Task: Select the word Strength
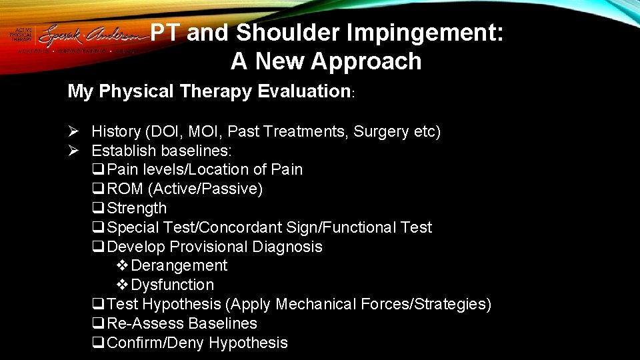tap(137, 209)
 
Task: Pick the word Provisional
tap(209, 247)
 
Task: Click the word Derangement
tap(179, 265)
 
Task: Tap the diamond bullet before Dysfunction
tap(123, 285)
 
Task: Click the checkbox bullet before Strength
tap(99, 209)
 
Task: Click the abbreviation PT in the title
tap(165, 33)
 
